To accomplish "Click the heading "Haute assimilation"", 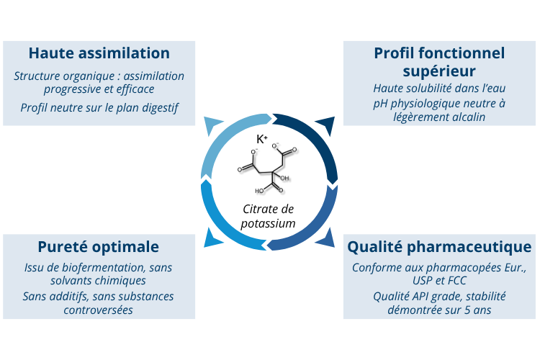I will [99, 53].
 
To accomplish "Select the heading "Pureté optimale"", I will [99, 247].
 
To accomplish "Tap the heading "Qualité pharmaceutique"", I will [440, 247].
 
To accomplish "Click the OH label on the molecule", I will [284, 178].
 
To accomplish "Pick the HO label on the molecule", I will [258, 192].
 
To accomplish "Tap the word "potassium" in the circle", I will [269, 224].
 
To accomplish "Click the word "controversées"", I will [98, 310].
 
